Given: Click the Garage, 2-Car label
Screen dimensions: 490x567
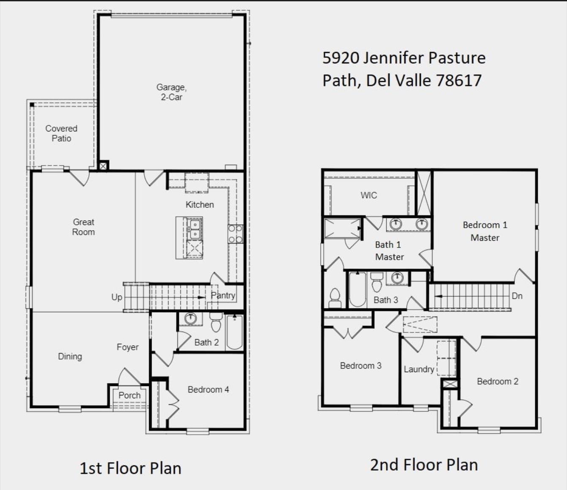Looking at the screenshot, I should (x=172, y=92).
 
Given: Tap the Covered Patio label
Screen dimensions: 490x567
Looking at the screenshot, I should (x=61, y=133).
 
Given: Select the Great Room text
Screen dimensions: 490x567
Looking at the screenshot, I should (x=83, y=227).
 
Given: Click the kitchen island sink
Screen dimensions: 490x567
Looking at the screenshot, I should (x=195, y=229).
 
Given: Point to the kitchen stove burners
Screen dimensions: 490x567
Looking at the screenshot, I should (x=235, y=234).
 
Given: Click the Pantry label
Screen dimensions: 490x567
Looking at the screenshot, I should (x=223, y=295).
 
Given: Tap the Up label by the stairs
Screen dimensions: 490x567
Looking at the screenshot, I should (x=117, y=297).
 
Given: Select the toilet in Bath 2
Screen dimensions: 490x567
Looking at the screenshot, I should (x=216, y=323).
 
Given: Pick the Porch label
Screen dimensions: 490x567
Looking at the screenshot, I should (x=129, y=395).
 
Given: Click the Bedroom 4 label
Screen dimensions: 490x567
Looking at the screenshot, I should (x=208, y=389).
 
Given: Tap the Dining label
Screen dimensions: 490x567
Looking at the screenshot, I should (x=70, y=357).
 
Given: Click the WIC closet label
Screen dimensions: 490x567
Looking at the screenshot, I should (x=368, y=195).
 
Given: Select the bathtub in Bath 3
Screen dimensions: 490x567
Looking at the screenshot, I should (x=357, y=289).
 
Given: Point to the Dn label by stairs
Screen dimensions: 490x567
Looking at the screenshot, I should (x=517, y=296).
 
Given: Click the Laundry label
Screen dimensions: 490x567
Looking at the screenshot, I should (x=419, y=369).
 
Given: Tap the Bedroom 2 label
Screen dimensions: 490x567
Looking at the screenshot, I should (x=497, y=381).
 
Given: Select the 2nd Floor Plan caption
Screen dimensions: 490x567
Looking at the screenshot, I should (x=424, y=465).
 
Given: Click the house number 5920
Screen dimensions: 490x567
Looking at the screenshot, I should (x=341, y=58).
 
